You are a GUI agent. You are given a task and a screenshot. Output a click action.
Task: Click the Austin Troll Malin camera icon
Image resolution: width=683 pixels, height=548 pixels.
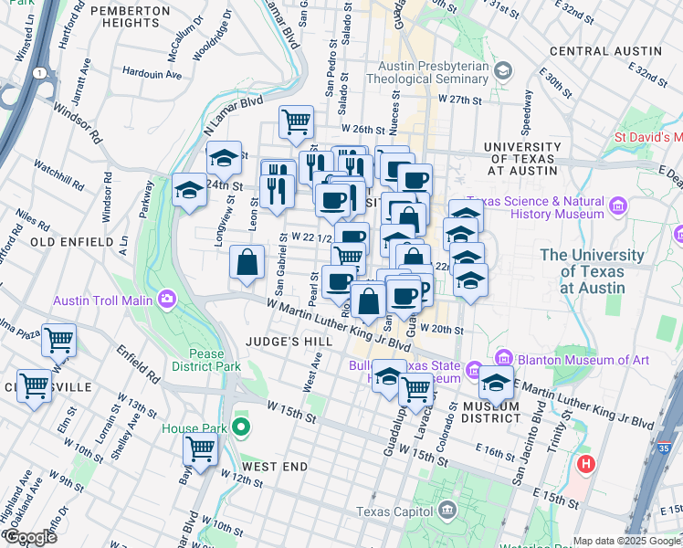tap(167, 299)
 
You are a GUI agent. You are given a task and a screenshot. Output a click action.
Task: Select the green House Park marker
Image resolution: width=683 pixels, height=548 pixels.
tap(241, 427)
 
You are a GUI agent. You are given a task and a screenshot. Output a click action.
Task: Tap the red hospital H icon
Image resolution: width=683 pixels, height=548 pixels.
tap(585, 464)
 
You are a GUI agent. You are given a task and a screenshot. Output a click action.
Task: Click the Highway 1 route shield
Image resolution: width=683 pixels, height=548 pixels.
tap(38, 72)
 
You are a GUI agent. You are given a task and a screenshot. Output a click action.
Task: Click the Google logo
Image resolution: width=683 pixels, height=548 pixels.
tap(29, 537)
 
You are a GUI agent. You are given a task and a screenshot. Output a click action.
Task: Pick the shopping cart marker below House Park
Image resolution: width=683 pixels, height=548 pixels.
tap(199, 448)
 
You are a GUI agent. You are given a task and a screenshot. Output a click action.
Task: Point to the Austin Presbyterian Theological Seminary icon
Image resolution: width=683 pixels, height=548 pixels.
tap(502, 70)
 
